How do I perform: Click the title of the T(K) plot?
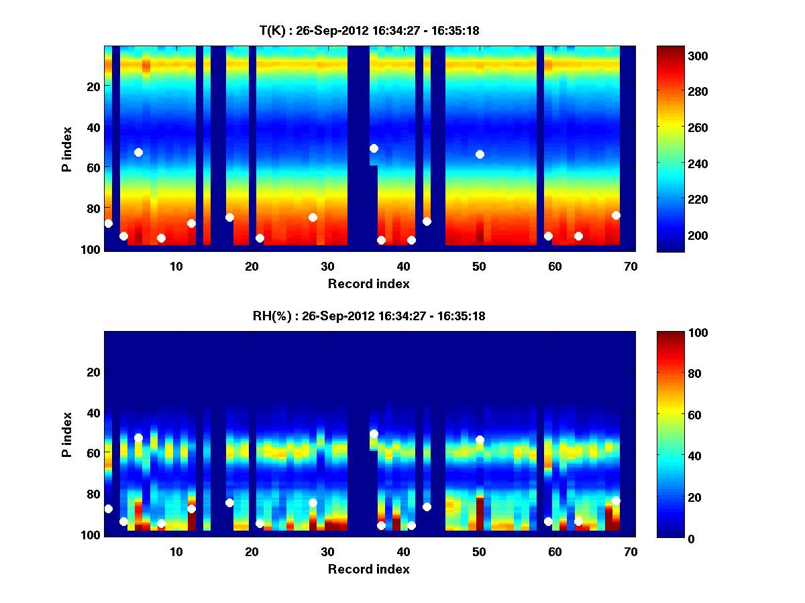369,30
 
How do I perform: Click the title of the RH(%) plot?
369,316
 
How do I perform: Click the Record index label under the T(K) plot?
369,283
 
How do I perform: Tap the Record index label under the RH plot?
369,569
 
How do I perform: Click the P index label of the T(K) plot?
67,148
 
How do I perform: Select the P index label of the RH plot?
67,433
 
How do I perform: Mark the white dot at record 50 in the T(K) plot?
480,154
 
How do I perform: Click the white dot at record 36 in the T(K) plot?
374,148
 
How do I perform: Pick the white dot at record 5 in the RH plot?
138,438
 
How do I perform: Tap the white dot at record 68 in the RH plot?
616,500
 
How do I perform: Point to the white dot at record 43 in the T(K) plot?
427,221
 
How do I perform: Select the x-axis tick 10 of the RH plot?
176,551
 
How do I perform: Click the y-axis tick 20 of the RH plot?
94,372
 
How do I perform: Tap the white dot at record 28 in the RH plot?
313,503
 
